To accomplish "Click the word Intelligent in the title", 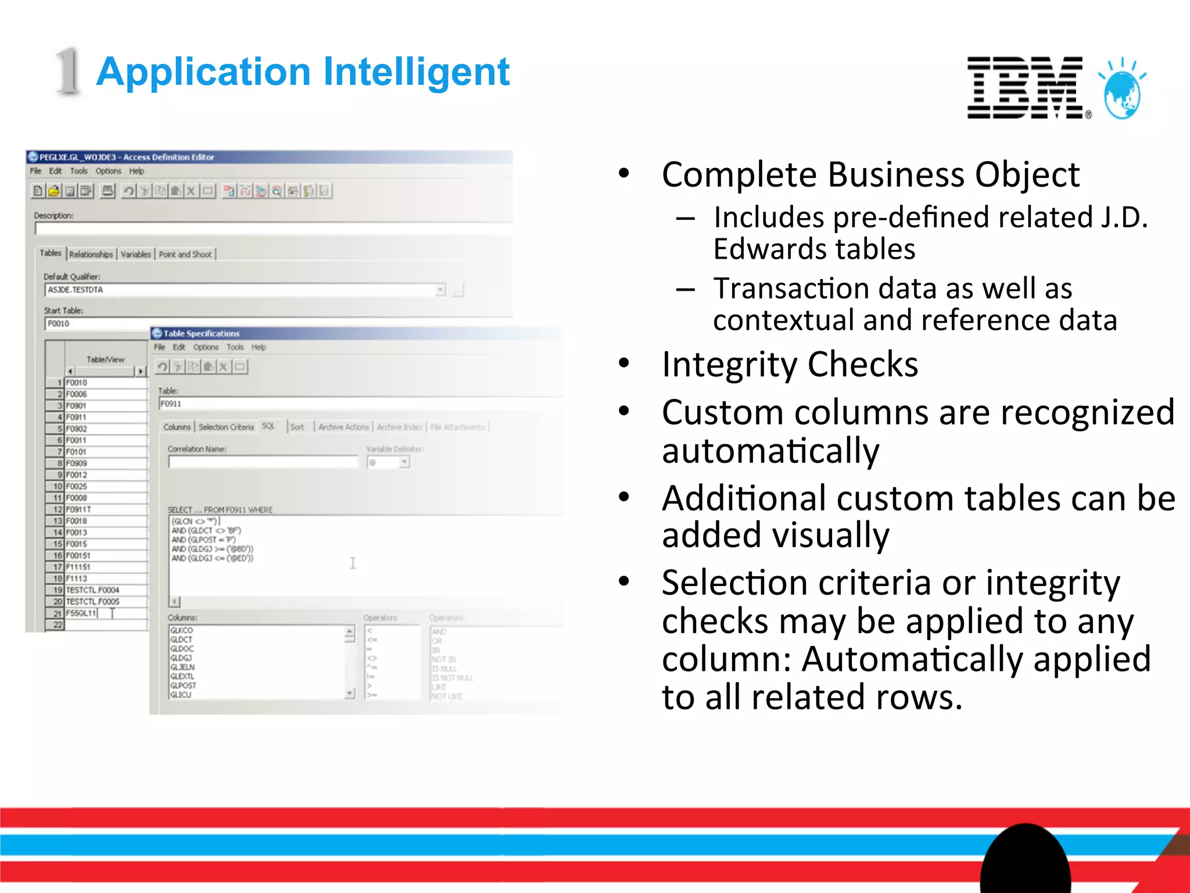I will coord(416,72).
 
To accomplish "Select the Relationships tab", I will coord(91,255).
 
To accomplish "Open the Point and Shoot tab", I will coord(185,255).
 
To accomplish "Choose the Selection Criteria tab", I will coord(226,427).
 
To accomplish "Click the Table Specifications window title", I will coord(201,334).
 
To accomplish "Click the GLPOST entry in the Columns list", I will coord(184,685).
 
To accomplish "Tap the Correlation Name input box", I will coord(263,462).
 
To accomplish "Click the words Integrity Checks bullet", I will coord(790,365).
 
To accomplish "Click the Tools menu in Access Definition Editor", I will coord(78,172).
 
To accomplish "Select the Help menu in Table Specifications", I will coord(259,348).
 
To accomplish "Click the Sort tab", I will coord(297,427).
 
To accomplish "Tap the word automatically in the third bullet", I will coord(770,451).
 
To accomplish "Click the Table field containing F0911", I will coord(360,404).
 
